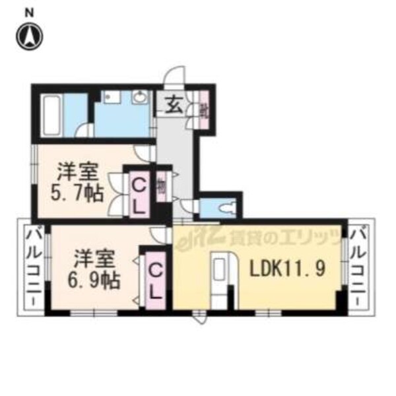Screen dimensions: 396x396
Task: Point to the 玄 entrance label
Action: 174,105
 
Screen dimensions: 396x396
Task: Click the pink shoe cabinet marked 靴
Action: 204,109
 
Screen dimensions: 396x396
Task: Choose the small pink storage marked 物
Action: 162,189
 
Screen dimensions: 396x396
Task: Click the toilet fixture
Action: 224,208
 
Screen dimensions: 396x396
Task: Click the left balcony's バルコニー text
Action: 32,266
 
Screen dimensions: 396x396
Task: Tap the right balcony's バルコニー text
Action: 360,266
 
